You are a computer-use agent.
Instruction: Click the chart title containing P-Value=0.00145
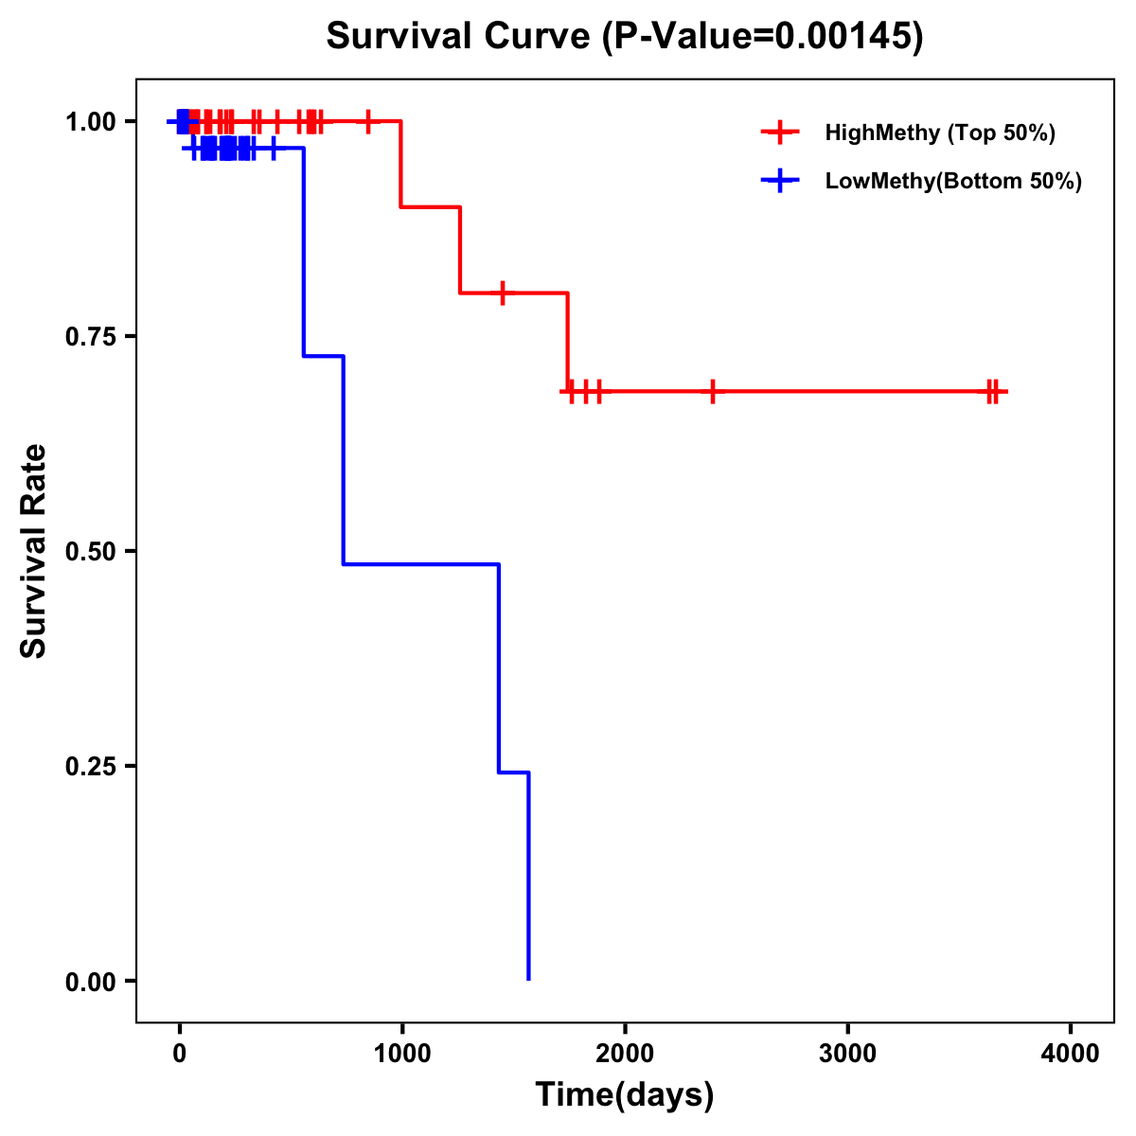click(624, 36)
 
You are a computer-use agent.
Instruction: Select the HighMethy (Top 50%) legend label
click(939, 133)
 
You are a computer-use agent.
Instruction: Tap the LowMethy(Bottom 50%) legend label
click(953, 181)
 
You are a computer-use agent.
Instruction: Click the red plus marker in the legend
click(780, 133)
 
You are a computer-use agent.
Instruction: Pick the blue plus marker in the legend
click(780, 181)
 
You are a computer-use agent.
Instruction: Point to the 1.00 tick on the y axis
click(90, 121)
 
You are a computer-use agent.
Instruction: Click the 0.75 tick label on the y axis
click(90, 336)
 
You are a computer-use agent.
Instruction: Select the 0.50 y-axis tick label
click(90, 551)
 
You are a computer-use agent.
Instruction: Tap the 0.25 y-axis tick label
click(90, 766)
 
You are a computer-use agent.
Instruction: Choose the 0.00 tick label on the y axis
click(90, 981)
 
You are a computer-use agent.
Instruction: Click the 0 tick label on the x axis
click(179, 1053)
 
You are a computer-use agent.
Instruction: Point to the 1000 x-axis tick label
click(401, 1053)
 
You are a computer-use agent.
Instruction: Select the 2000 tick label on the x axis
click(625, 1053)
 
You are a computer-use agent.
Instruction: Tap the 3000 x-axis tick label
click(847, 1053)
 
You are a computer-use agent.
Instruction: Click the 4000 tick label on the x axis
click(1071, 1053)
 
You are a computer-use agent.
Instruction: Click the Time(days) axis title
click(625, 1094)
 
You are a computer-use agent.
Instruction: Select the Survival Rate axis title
click(34, 551)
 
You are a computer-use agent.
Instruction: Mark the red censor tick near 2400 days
click(712, 391)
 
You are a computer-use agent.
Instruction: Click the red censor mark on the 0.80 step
click(503, 293)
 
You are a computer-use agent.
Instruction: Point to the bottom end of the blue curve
click(528, 979)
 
